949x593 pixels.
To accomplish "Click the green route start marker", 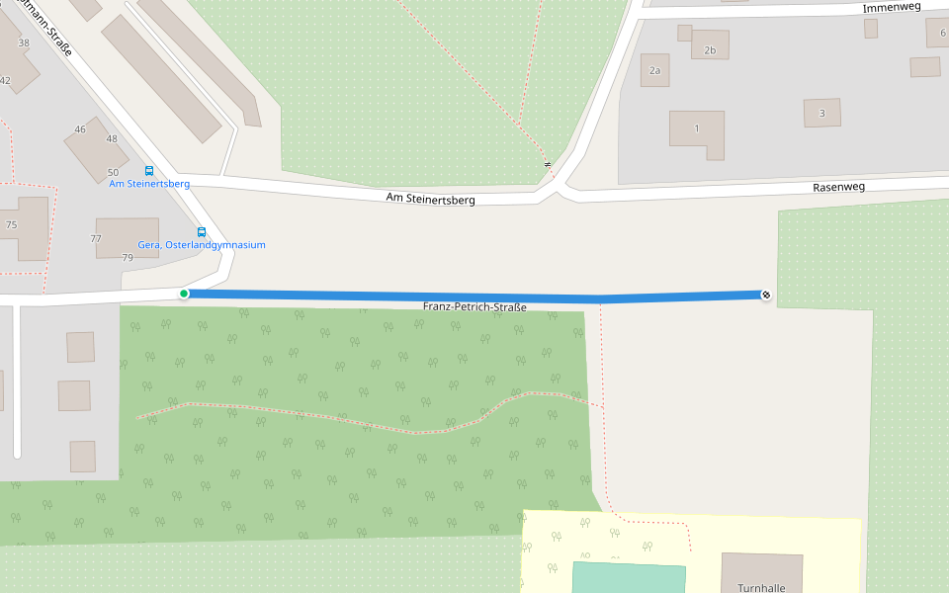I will point(184,294).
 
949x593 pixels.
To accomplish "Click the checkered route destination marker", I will point(766,295).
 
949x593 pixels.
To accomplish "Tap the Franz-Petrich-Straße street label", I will point(474,307).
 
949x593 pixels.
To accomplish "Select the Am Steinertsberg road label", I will point(430,200).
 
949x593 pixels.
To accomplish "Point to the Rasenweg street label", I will point(838,187).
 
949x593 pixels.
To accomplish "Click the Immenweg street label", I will point(892,7).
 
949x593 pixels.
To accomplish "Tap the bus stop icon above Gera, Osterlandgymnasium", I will point(202,232).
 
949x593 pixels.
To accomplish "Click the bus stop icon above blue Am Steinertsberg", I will point(149,171).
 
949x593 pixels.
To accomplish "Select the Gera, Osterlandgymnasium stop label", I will point(202,245).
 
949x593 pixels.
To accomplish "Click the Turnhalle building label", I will point(761,587).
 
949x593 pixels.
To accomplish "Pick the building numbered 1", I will point(696,128).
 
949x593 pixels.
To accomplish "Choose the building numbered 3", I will point(821,114).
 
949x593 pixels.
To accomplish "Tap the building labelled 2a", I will point(654,71).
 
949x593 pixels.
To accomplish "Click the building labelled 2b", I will point(710,49).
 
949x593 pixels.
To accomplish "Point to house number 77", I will point(96,238).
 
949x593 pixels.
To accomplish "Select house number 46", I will point(80,129).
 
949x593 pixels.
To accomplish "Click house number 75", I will point(12,224).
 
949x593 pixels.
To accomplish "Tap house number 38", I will point(24,42).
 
